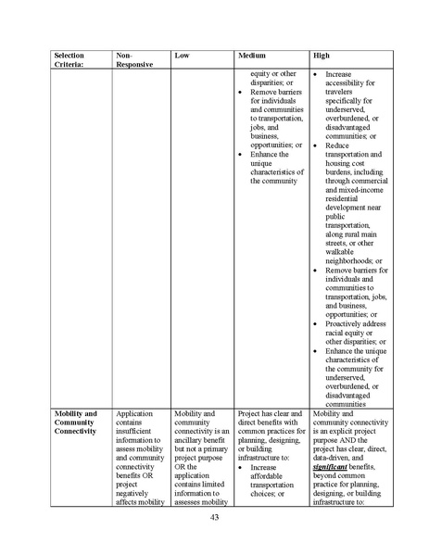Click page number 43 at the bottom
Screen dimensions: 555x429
pos(214,518)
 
